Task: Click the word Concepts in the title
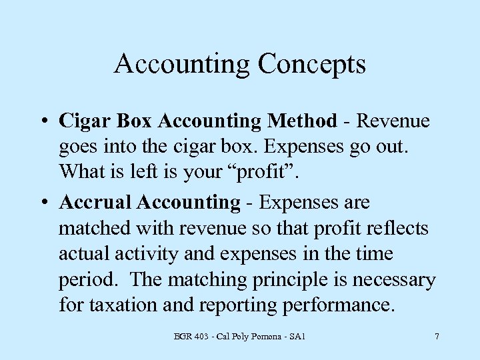(311, 65)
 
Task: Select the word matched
(95, 228)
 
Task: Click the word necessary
(394, 280)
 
